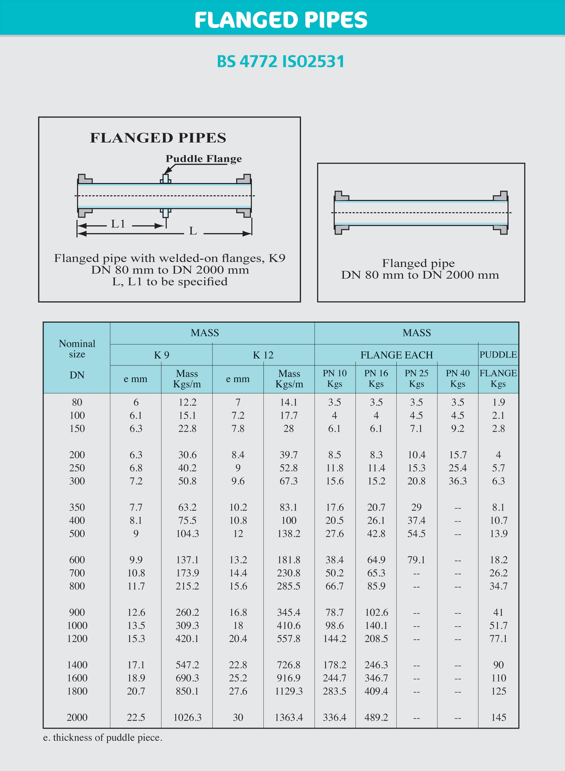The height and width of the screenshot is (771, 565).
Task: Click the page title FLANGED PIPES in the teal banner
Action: coord(281,20)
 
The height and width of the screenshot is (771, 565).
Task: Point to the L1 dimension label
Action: coord(118,224)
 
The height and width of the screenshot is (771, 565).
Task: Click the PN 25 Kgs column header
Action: coord(416,378)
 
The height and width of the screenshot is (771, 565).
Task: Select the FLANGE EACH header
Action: coord(396,355)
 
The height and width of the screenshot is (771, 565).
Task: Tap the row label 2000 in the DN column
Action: coord(77,717)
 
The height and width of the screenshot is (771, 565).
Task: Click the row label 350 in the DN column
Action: coord(77,507)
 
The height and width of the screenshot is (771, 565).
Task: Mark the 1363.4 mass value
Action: coord(289,717)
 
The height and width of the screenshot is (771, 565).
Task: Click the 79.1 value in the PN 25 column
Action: coord(416,560)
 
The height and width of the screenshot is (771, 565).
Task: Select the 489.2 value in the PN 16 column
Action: coord(376,717)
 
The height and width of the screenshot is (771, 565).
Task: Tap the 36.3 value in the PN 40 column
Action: coord(458,481)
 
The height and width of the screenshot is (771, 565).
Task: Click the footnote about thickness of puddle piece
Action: coord(103,738)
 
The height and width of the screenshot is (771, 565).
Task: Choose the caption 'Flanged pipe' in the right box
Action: coord(418,263)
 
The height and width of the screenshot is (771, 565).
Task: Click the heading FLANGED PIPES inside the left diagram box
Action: coord(158,138)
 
